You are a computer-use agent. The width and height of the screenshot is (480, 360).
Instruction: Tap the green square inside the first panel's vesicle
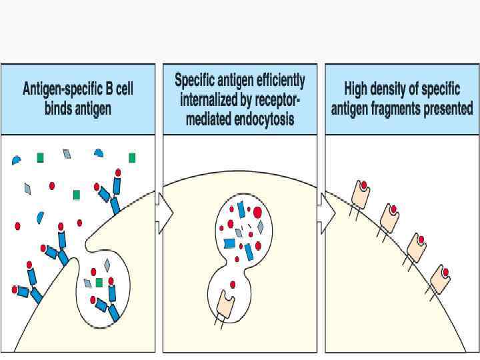pyautogui.click(x=99, y=283)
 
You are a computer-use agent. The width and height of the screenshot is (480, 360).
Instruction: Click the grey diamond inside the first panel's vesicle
pyautogui.click(x=107, y=265)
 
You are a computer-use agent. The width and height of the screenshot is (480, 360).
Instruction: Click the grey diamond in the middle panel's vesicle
pyautogui.click(x=260, y=227)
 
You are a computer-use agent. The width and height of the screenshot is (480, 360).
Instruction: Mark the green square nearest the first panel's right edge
pyautogui.click(x=132, y=158)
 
